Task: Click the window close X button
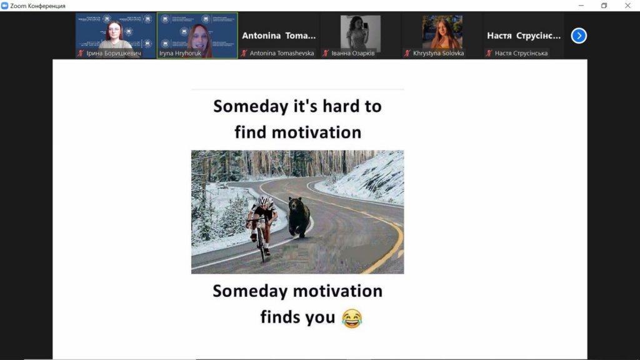(627, 5)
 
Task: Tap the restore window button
(604, 5)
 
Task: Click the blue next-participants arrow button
(579, 36)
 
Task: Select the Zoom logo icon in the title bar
(4, 6)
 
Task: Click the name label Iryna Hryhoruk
(180, 53)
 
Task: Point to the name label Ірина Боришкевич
(114, 53)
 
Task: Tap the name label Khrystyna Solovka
(438, 53)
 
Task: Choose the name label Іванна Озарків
(352, 53)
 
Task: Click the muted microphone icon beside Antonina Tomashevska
(244, 53)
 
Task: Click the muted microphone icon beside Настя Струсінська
(489, 53)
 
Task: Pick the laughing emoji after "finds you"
(352, 318)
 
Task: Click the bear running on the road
(299, 217)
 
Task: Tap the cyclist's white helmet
(265, 201)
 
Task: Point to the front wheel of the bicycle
(261, 245)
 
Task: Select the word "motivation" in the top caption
(316, 132)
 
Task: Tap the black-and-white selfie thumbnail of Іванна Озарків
(361, 32)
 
